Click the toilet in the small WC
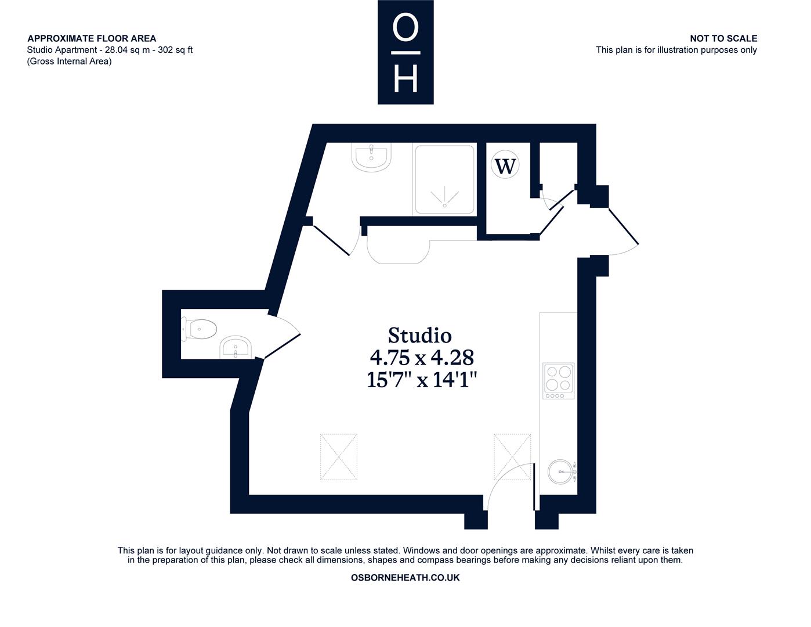(199, 329)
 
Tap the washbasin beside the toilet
(235, 347)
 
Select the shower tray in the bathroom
(444, 179)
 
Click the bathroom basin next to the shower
(371, 157)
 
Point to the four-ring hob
(558, 380)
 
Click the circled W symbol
(505, 165)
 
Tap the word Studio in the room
(420, 335)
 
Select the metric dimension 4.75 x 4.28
(422, 358)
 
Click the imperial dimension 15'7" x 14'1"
(422, 380)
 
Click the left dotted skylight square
(339, 457)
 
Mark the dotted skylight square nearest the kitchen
(512, 457)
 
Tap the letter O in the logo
(405, 27)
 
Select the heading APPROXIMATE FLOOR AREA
(92, 38)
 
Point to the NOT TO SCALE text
(723, 38)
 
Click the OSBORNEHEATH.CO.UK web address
(405, 578)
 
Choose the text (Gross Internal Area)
(70, 62)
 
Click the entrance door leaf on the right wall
(624, 226)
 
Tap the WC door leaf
(282, 346)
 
